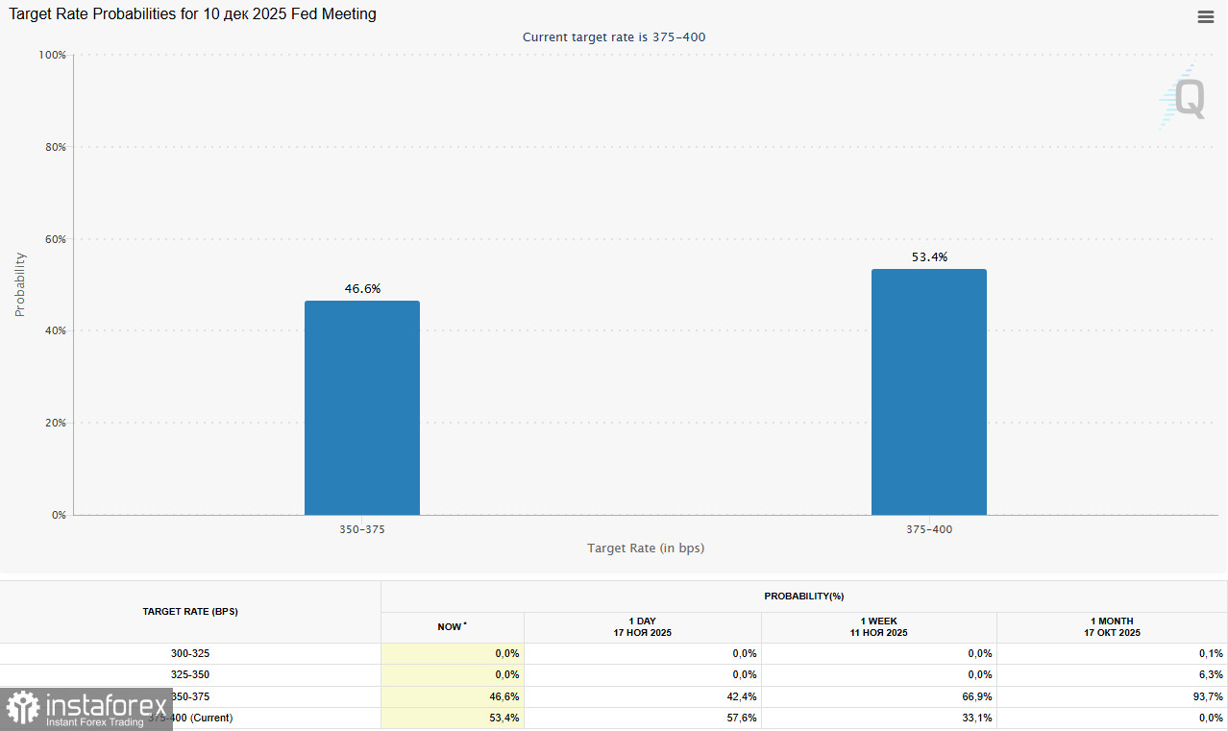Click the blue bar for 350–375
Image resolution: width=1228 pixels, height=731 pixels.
[x=361, y=408]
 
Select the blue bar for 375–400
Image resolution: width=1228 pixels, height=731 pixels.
[x=928, y=392]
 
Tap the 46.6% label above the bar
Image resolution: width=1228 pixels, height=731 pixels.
[x=362, y=288]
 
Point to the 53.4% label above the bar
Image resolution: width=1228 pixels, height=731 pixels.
[x=929, y=256]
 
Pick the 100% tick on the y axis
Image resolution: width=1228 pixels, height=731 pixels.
[x=51, y=55]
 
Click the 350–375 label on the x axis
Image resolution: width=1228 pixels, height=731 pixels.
[x=362, y=529]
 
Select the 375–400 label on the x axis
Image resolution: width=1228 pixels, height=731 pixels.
[x=929, y=529]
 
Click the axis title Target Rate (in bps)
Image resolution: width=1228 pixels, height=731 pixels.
[x=646, y=548]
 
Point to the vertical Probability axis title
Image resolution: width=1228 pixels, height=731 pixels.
[x=20, y=284]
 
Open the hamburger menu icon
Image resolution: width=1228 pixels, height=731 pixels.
[x=1205, y=16]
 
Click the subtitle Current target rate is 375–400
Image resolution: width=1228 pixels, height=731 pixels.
[x=615, y=37]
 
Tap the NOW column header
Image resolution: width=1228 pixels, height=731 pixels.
[x=452, y=627]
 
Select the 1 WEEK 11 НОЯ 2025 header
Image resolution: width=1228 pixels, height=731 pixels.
[x=878, y=627]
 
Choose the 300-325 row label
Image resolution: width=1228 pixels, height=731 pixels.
[x=189, y=653]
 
